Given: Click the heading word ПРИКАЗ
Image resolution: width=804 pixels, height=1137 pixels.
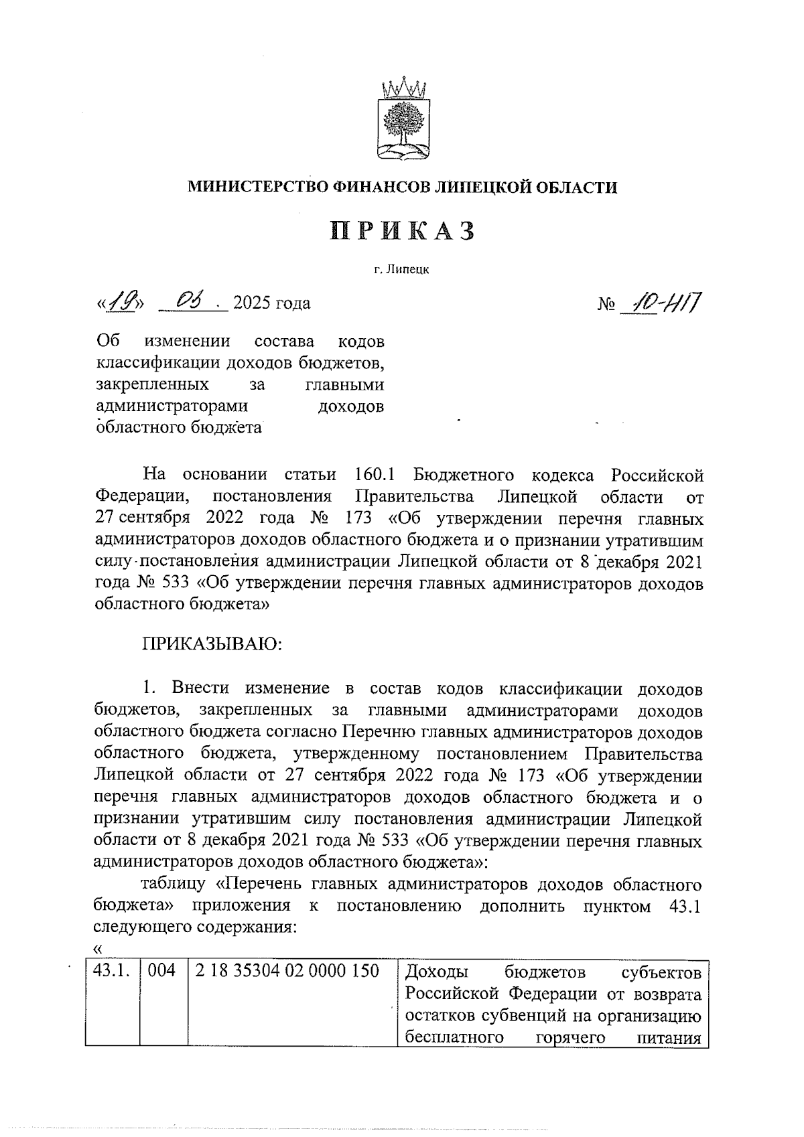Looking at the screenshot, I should [x=403, y=230].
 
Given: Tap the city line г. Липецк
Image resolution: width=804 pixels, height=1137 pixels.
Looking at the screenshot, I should [x=402, y=270].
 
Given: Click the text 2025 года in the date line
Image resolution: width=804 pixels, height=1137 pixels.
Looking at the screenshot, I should [x=271, y=303].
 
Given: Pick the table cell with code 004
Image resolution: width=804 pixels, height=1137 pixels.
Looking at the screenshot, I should [x=161, y=971].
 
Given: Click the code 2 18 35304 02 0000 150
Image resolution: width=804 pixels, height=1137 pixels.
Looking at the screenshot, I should [x=287, y=971].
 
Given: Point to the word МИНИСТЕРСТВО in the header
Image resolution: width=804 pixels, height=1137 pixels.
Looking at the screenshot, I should [x=257, y=187].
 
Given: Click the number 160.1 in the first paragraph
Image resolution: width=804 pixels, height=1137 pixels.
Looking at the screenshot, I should [x=374, y=475].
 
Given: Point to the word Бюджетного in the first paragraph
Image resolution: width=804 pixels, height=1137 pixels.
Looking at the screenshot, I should [x=464, y=475].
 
